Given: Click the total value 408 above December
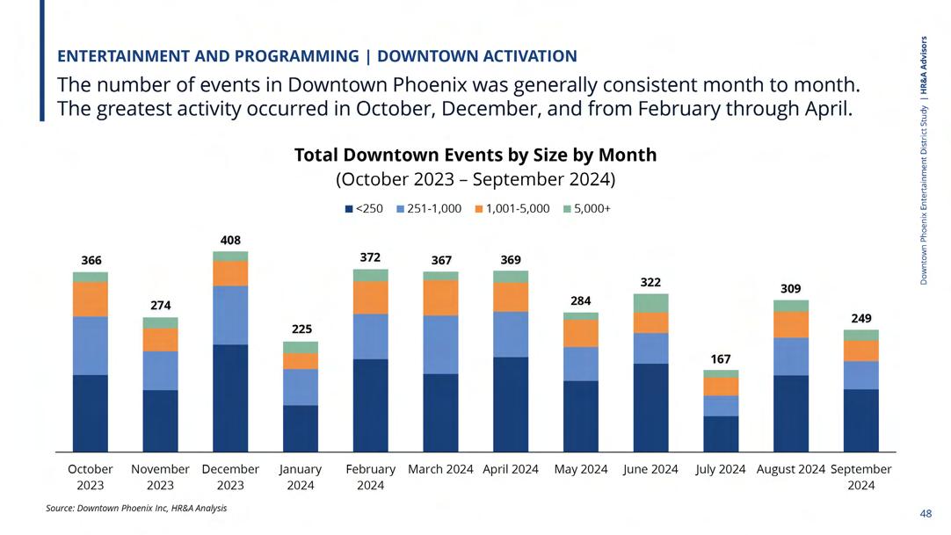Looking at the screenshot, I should point(230,240).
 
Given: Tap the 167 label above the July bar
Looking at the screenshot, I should point(721,358).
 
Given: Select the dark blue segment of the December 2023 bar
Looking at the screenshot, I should point(230,398).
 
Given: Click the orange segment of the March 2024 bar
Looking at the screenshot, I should point(440,298).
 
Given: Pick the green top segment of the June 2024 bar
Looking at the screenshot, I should point(650,303).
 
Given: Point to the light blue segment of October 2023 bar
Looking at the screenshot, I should point(91,345).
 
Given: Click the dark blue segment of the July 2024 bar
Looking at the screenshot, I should point(721,434).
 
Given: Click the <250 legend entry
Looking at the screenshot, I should point(365,209).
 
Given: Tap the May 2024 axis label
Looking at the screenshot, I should point(581,469).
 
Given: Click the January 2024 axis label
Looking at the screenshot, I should point(301,477).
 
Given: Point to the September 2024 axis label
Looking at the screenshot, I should point(860,477).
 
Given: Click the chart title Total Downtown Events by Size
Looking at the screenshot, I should point(475,155).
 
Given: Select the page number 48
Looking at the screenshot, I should point(926,513).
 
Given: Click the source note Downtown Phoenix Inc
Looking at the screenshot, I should point(136,508).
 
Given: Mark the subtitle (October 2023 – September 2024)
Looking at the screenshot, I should point(475,179).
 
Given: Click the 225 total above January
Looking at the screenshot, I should point(301,329).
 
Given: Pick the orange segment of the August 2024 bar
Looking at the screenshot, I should point(791,324).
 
